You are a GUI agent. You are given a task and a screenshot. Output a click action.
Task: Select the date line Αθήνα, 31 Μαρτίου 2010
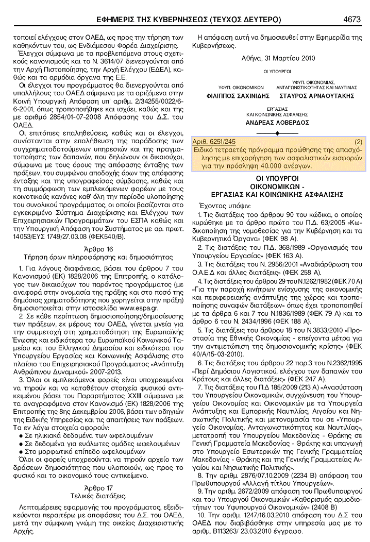278,58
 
